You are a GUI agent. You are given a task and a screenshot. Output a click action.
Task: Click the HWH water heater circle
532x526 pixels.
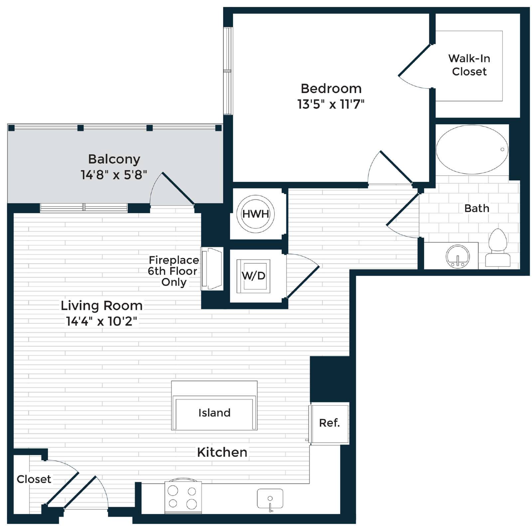tap(255, 214)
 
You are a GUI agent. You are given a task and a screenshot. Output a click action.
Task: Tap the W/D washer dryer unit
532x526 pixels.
tap(253, 276)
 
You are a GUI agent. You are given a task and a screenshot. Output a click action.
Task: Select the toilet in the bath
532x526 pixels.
tap(498, 248)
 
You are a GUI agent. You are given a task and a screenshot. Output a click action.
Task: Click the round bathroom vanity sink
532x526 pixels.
tap(458, 257)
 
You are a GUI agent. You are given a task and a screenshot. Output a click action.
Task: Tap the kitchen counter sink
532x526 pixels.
tap(270, 498)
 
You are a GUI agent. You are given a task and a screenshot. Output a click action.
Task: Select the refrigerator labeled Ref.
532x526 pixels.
tap(329, 423)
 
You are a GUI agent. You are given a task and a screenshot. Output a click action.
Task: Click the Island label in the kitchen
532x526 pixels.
tap(214, 413)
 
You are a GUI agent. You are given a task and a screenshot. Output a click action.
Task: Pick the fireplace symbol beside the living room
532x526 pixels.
tap(212, 269)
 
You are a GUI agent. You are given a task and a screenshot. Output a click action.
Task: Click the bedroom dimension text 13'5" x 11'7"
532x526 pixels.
tap(331, 104)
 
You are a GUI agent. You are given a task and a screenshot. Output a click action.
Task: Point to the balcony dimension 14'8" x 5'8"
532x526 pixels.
tap(114, 174)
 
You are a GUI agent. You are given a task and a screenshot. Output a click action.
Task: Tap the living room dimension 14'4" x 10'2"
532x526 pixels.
tap(101, 321)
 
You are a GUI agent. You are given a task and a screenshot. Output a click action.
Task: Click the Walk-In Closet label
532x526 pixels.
tap(469, 65)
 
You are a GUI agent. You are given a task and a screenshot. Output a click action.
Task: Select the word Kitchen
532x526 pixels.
tap(222, 452)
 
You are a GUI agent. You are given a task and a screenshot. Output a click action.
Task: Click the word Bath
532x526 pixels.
tap(477, 208)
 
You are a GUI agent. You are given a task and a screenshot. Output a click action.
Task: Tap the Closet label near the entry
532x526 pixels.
tap(34, 479)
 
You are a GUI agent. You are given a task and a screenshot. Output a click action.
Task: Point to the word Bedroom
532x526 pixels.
tap(331, 89)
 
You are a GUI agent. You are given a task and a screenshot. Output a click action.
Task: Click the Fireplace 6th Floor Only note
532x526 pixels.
tap(173, 271)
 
